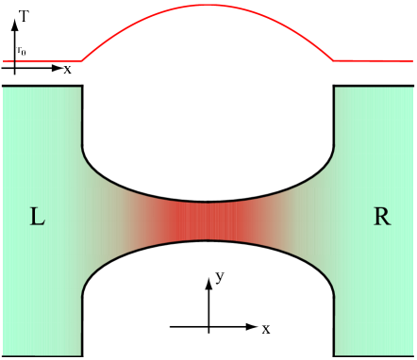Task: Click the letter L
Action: tap(37, 218)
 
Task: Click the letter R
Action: tap(382, 217)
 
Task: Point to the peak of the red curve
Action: tap(208, 6)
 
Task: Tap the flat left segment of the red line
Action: tap(47, 61)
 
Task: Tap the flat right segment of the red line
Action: tap(373, 61)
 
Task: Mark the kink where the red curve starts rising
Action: tap(82, 61)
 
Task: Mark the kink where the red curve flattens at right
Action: tap(333, 60)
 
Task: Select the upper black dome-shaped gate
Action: tap(208, 104)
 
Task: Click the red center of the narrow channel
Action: tap(208, 221)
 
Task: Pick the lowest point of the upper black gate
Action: tap(208, 202)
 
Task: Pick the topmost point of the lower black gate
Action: tap(208, 241)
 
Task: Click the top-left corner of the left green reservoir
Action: tap(5, 88)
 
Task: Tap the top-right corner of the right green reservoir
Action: tap(412, 88)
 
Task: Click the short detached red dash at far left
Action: tap(8, 61)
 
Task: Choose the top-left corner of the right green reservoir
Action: tap(337, 88)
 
